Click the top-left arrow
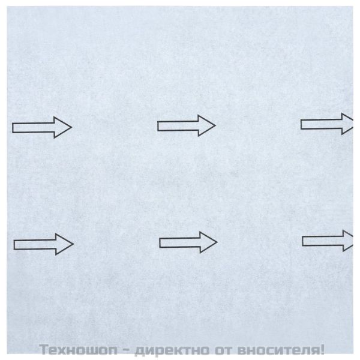(42, 127)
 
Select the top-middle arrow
(186, 125)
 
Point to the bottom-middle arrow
(188, 242)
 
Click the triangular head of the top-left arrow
(62, 127)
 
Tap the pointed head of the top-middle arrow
(206, 125)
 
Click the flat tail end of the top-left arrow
(14, 127)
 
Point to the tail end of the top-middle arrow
(159, 125)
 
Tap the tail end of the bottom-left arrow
(16, 244)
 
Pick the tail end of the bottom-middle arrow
(161, 242)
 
